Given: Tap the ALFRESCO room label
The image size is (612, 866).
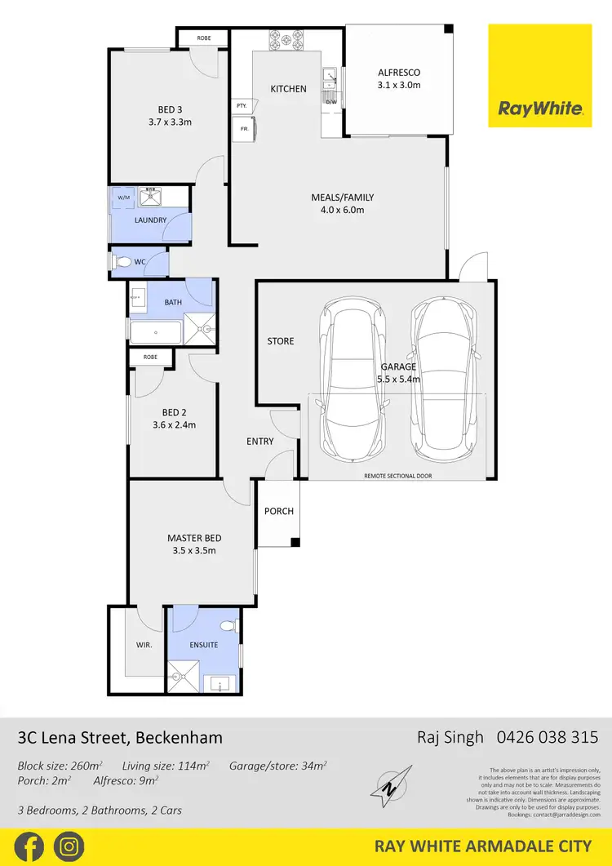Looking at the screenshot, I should (x=398, y=73).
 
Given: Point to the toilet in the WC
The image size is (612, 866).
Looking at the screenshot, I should (x=122, y=262).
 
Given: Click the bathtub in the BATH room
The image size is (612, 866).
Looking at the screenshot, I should (x=156, y=331).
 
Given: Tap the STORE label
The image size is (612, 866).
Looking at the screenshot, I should (x=281, y=341).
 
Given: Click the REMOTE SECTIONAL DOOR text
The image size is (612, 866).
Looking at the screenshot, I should (x=398, y=475).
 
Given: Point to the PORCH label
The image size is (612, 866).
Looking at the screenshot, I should (x=279, y=511).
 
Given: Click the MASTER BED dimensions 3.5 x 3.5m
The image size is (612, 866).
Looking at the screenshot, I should (x=194, y=551).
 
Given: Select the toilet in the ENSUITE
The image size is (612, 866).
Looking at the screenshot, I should (x=230, y=626).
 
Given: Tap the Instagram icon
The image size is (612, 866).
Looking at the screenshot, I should (x=68, y=846).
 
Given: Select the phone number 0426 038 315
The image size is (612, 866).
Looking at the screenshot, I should (x=548, y=737).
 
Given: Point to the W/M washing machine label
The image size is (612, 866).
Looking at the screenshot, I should (x=123, y=198).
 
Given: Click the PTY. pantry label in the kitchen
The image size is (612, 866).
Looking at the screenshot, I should (x=242, y=105).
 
